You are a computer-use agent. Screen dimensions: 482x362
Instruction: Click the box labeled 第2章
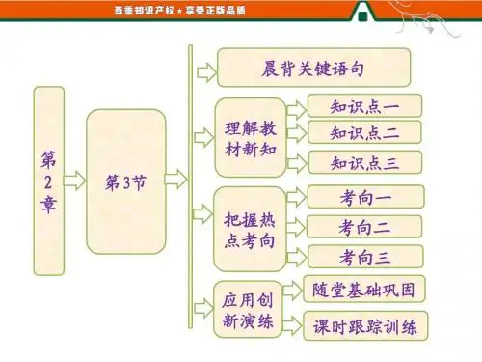click(49, 181)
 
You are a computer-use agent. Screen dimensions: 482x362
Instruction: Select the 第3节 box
click(126, 181)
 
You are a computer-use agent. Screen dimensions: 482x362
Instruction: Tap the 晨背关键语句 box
click(314, 68)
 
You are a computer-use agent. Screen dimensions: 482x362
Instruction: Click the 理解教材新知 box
click(251, 138)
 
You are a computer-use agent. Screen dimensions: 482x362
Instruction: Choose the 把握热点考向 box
click(250, 229)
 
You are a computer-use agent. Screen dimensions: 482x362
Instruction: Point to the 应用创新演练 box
click(248, 310)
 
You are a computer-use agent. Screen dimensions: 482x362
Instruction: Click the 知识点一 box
click(364, 106)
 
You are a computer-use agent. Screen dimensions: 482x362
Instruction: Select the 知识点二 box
click(364, 132)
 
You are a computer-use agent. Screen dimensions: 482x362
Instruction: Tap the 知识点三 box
click(365, 162)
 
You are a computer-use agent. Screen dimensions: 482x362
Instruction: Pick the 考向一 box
click(366, 197)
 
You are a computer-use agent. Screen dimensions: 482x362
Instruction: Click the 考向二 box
click(364, 227)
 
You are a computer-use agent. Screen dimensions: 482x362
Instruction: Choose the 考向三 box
click(365, 257)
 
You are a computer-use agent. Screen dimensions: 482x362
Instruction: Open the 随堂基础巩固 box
click(364, 289)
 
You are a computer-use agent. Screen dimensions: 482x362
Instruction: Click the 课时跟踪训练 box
click(365, 326)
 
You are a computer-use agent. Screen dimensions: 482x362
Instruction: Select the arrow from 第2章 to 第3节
click(75, 181)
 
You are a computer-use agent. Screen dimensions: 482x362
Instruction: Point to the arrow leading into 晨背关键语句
click(207, 72)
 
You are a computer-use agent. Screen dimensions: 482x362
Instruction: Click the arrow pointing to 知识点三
click(297, 163)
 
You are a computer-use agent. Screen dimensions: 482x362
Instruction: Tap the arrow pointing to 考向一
click(297, 197)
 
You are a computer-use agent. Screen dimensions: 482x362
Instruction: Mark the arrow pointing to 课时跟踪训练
click(293, 325)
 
